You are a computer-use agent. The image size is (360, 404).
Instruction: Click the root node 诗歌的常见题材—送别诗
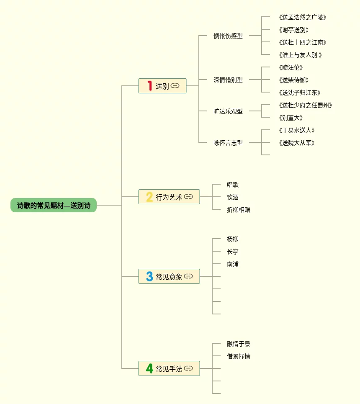coord(54,205)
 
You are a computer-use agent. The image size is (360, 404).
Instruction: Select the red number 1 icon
coord(149,86)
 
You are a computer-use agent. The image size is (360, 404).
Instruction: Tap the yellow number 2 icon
coord(149,197)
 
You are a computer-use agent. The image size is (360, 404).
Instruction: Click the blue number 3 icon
coord(149,276)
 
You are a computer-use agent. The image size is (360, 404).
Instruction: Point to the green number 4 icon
coord(149,368)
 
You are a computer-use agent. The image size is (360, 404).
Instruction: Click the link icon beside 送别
coord(175,86)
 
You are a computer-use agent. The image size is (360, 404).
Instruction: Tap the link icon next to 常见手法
coord(188,368)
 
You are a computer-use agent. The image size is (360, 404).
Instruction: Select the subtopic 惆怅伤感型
coord(228,36)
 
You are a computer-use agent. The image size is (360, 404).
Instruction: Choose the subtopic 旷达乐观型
coord(228,111)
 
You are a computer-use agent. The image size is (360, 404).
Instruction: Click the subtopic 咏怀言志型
coord(228,143)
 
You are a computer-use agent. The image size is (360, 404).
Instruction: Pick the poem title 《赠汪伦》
coord(291,67)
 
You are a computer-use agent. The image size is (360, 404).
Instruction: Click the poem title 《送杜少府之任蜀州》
coord(305,105)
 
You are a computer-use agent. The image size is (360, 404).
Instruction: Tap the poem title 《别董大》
coord(291,118)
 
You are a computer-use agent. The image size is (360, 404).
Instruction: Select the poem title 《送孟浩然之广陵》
coord(302,17)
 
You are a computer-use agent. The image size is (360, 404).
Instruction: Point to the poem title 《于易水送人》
coord(296,130)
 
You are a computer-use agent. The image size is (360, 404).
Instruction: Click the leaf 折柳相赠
coord(239,210)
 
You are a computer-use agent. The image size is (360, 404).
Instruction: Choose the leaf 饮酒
coord(233,197)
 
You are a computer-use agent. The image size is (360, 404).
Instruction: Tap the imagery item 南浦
coord(233,264)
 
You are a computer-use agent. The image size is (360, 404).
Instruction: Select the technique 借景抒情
coord(239,356)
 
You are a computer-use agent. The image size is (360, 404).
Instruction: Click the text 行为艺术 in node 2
coord(169,197)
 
